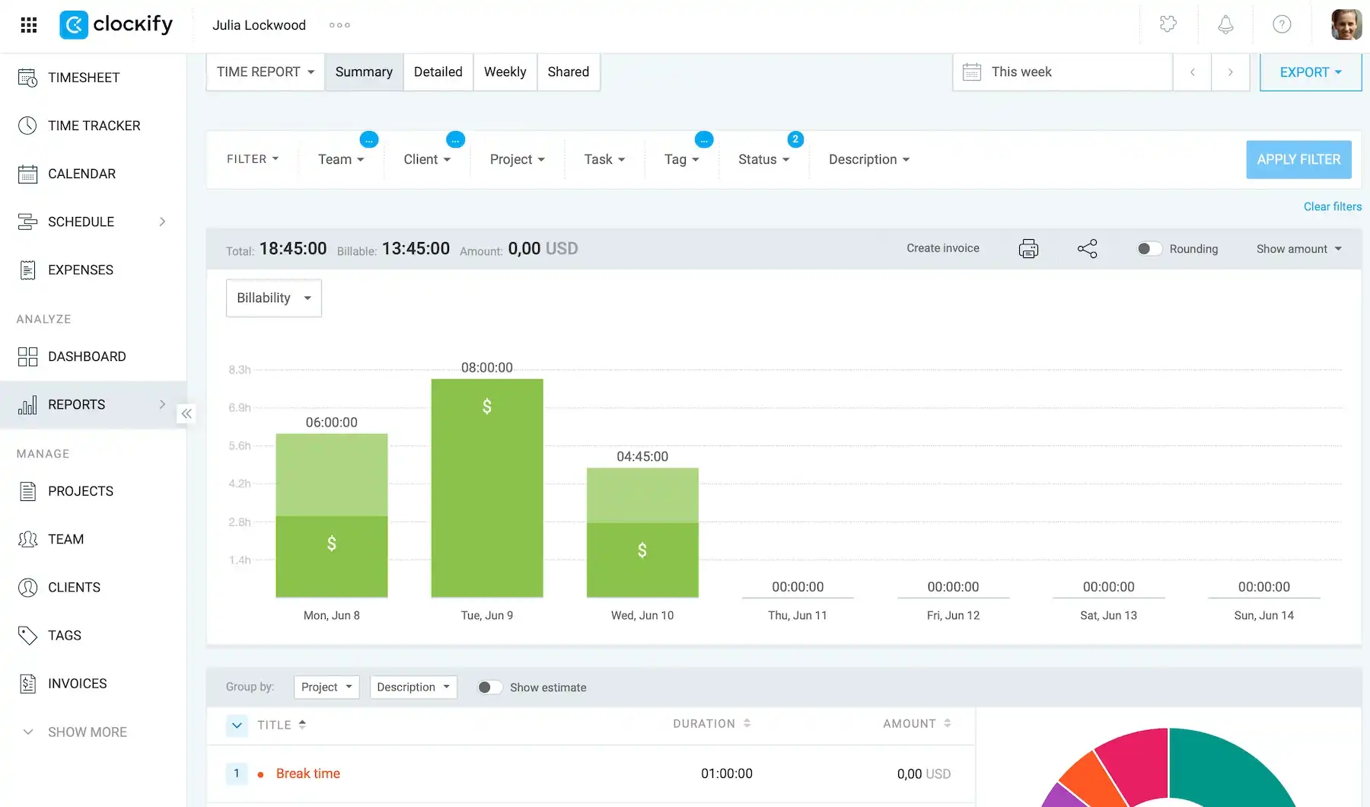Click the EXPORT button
1310,72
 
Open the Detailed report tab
438,72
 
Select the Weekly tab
505,72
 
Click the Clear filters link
1333,206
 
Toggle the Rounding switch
1149,249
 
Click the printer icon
1028,249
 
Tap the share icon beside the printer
1088,249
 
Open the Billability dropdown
274,298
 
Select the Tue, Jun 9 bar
487,488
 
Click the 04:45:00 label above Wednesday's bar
642,457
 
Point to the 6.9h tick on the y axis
240,408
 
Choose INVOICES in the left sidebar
78,684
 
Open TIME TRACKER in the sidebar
94,126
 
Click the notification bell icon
1225,25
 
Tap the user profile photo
1346,25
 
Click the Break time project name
308,774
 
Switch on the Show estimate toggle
490,687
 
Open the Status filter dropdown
764,159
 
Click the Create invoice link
943,248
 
